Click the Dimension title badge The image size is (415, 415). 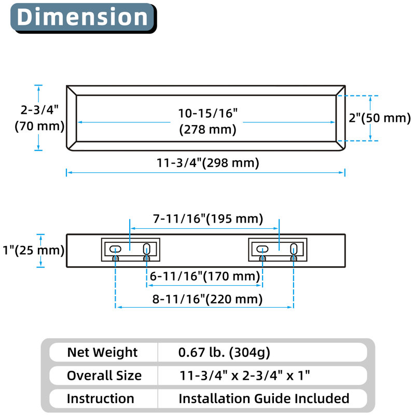[84, 18]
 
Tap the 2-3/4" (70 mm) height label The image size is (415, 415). [39, 118]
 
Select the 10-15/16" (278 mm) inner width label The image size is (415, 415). [208, 121]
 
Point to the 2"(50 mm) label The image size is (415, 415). [380, 118]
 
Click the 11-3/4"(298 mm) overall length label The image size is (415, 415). [208, 163]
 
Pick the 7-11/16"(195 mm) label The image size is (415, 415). [208, 219]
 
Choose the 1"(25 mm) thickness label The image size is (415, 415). [33, 250]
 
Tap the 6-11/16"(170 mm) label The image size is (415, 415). [205, 276]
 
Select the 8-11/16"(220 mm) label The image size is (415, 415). [207, 299]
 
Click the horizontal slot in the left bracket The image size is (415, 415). [115, 249]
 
